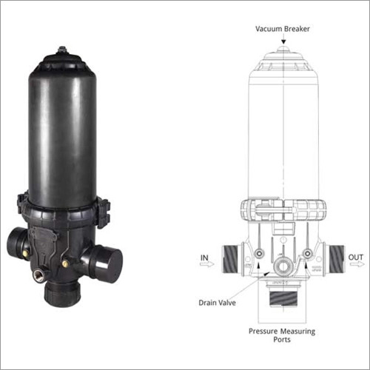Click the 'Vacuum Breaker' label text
click(283, 29)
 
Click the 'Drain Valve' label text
click(218, 303)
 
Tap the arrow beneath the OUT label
click(356, 266)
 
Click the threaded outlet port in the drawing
click(332, 260)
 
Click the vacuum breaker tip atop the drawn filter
click(283, 50)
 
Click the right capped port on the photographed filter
click(104, 260)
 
